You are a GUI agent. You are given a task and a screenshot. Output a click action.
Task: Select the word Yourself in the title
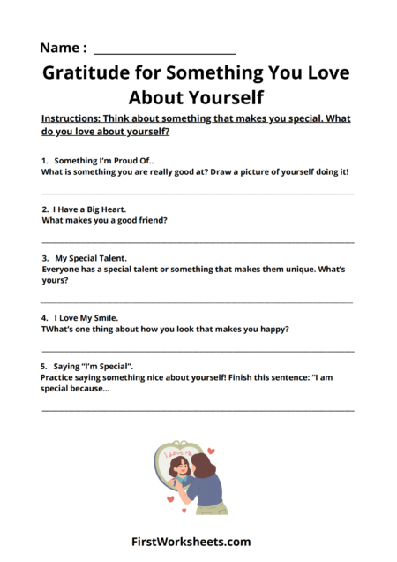(221, 96)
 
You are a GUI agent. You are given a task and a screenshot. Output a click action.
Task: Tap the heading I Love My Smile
(86, 316)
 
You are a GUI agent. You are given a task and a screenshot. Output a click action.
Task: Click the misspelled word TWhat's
(61, 329)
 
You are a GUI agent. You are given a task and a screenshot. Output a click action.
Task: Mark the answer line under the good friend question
(198, 241)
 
